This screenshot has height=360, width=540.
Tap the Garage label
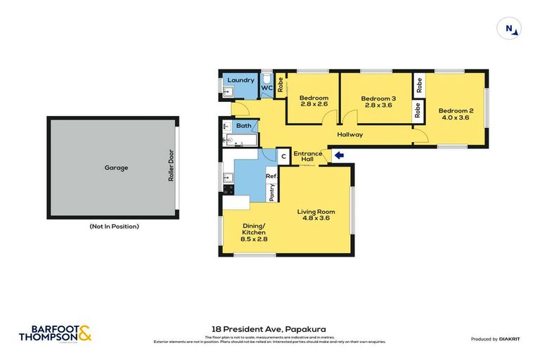[116, 168]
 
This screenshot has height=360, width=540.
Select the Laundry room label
[240, 81]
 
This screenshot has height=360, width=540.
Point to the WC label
[266, 89]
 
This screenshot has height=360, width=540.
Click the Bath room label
[243, 126]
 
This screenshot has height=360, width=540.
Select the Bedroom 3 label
[378, 103]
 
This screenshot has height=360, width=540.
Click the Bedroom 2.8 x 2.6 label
[314, 101]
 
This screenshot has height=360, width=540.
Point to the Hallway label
[349, 135]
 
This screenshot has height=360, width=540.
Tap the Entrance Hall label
[307, 156]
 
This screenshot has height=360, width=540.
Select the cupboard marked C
[283, 157]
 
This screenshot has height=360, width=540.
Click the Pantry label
[271, 191]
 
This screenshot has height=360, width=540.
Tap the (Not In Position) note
[114, 226]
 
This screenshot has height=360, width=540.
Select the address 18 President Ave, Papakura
[269, 328]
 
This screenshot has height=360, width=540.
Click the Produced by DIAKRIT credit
[496, 339]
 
